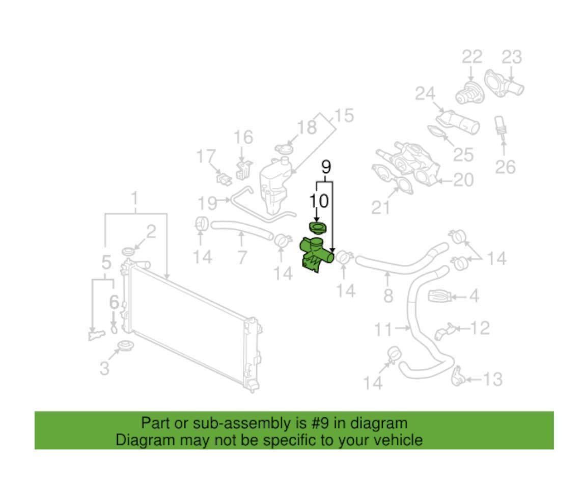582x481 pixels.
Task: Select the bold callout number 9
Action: (x=325, y=168)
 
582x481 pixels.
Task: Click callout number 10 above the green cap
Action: (x=319, y=201)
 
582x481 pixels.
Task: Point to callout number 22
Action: (x=472, y=57)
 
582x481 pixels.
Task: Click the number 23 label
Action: (x=512, y=57)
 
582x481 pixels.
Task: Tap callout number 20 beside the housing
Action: (x=463, y=180)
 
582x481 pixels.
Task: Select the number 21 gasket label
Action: (x=381, y=207)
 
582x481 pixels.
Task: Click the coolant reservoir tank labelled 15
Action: (x=274, y=188)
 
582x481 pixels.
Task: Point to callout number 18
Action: (x=307, y=127)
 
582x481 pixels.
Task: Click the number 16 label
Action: (x=243, y=138)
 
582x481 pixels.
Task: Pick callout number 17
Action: (x=206, y=156)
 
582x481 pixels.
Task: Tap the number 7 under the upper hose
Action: (x=242, y=257)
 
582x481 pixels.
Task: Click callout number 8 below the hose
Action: (x=388, y=296)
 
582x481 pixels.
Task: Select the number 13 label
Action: (x=492, y=379)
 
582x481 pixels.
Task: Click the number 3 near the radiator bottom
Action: (x=105, y=368)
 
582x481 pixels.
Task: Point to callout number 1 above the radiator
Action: (x=135, y=199)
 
